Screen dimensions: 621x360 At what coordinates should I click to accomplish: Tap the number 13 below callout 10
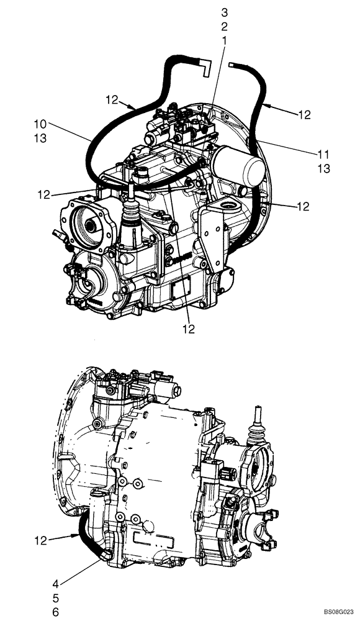pyautogui.click(x=40, y=139)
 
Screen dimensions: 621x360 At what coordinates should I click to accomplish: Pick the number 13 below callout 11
pyautogui.click(x=323, y=168)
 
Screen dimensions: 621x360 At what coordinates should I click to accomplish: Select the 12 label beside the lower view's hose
pyautogui.click(x=40, y=542)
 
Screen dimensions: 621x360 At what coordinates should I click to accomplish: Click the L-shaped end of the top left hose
pyautogui.click(x=204, y=66)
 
